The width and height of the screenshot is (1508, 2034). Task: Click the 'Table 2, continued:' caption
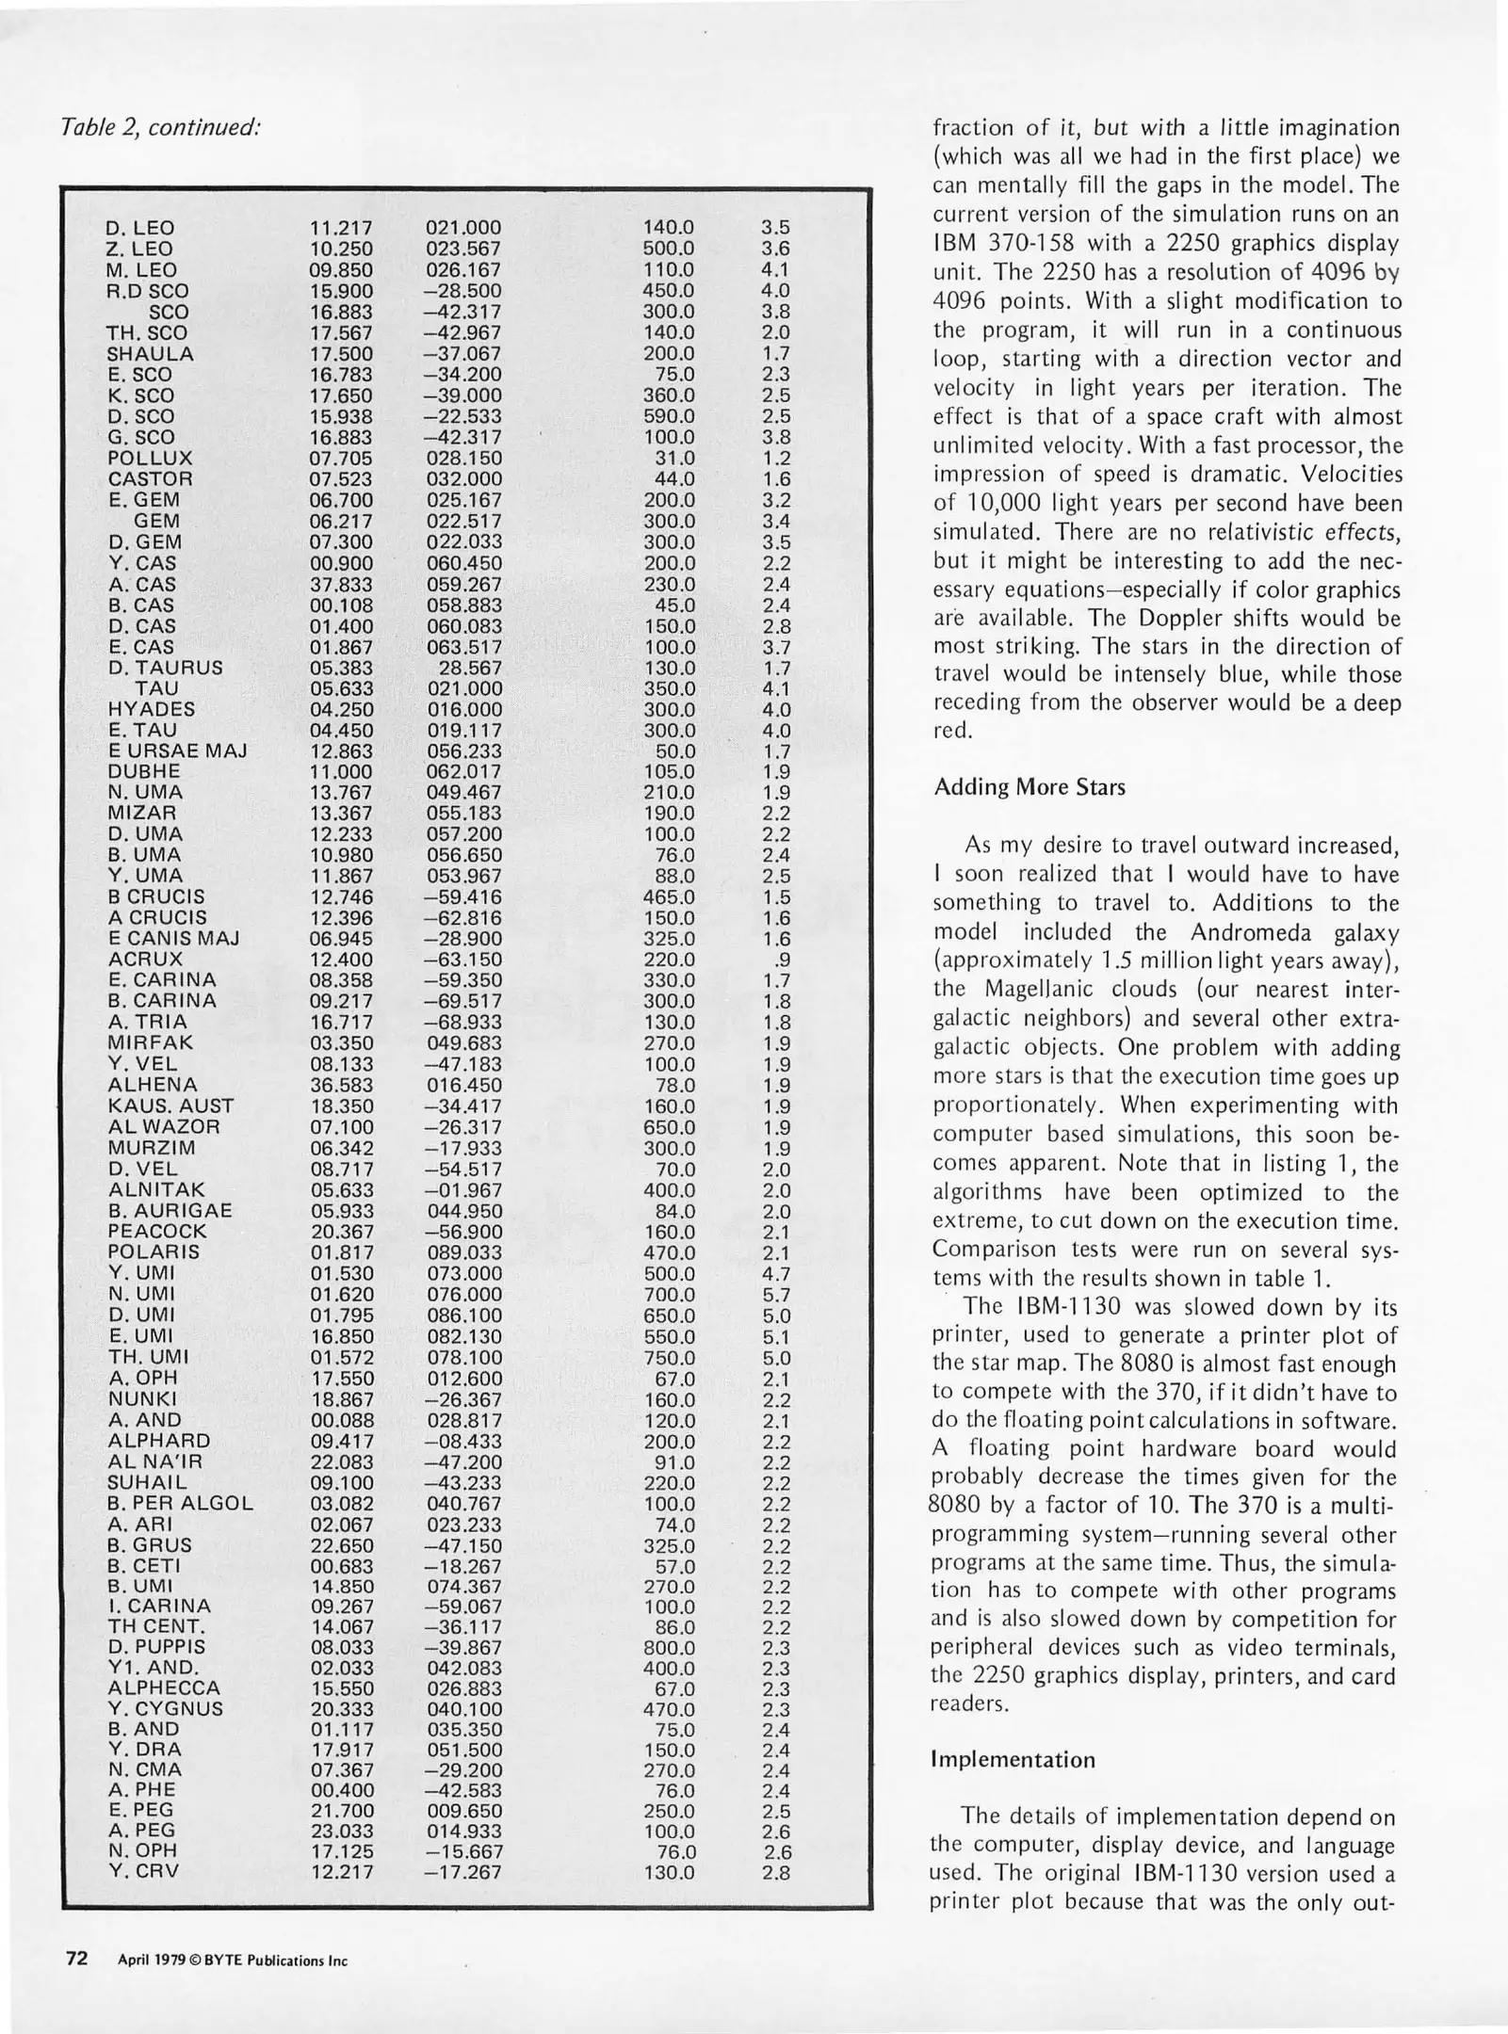pyautogui.click(x=159, y=126)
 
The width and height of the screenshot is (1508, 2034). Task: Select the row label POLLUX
pyautogui.click(x=150, y=459)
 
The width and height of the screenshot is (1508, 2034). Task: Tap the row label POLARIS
pyautogui.click(x=154, y=1252)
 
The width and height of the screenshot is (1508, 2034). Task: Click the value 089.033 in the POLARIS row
pyautogui.click(x=463, y=1253)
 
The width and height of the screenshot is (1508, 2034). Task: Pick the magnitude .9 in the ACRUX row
pyautogui.click(x=779, y=960)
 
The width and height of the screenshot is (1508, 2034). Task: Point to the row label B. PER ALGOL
pyautogui.click(x=180, y=1504)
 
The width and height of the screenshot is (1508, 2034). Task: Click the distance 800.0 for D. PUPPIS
pyautogui.click(x=669, y=1649)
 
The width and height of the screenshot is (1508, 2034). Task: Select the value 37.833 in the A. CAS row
pyautogui.click(x=341, y=585)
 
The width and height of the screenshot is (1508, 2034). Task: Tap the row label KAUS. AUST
pyautogui.click(x=170, y=1106)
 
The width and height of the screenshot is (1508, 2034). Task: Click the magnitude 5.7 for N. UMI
pyautogui.click(x=775, y=1295)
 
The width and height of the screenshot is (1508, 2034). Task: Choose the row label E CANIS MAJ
pyautogui.click(x=173, y=939)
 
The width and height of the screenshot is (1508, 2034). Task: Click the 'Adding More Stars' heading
pyautogui.click(x=1029, y=787)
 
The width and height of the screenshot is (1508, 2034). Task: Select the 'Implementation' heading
pyautogui.click(x=1013, y=1760)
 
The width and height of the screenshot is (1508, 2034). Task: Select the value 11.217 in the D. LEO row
pyautogui.click(x=341, y=228)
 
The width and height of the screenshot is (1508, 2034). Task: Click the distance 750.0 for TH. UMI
pyautogui.click(x=669, y=1358)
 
